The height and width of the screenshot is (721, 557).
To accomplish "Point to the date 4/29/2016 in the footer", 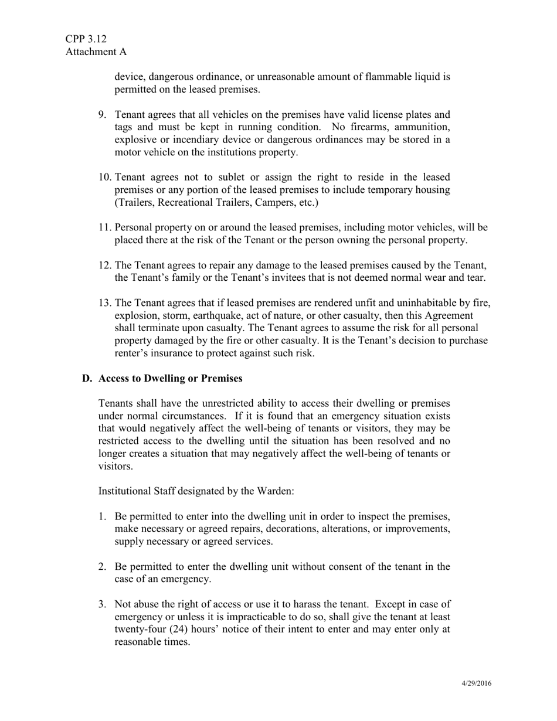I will pos(475,683).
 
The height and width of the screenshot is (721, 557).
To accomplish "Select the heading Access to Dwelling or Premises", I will pos(170,379).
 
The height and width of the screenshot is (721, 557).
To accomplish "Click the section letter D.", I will pos(87,379).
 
